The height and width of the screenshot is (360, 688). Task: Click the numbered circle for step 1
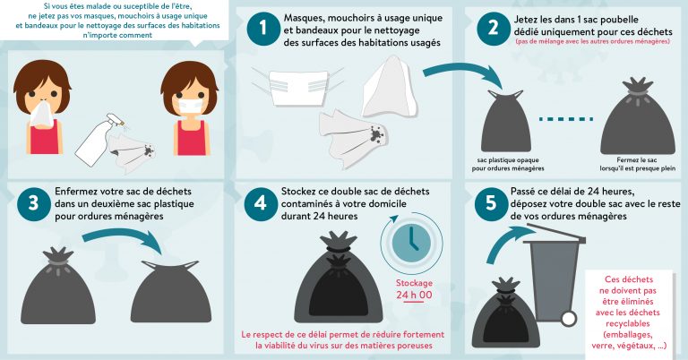(x=263, y=29)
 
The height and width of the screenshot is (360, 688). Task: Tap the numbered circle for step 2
(x=494, y=29)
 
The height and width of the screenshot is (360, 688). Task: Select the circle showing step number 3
(x=34, y=204)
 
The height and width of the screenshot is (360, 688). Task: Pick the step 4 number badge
(x=261, y=204)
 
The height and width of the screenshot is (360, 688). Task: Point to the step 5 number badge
(x=491, y=203)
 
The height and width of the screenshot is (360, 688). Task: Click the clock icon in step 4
(x=411, y=244)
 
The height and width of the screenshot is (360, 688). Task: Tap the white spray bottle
(x=99, y=140)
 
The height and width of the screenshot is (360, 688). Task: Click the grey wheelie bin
(x=555, y=275)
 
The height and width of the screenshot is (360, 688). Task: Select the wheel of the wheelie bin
(x=568, y=318)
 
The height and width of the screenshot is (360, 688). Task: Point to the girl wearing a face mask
(x=190, y=107)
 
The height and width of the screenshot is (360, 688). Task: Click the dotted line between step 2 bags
(x=566, y=119)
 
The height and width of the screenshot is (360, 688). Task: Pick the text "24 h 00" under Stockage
(x=414, y=295)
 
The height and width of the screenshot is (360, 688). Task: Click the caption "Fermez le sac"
(x=637, y=160)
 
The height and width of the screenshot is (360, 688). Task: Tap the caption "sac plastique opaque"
(x=508, y=160)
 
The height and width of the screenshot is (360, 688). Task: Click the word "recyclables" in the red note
(x=627, y=323)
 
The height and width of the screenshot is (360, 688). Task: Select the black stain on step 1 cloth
(x=376, y=133)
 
